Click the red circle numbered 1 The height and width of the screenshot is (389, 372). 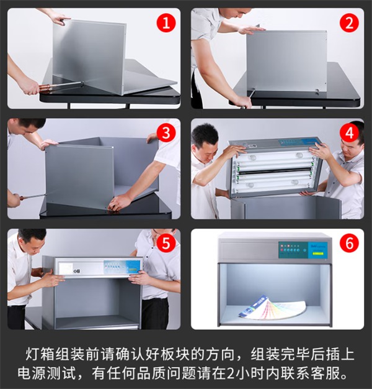(x=166, y=23)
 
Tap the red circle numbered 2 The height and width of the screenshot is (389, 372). (x=349, y=23)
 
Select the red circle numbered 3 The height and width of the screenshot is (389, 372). (x=166, y=133)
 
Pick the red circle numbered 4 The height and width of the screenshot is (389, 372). (x=349, y=133)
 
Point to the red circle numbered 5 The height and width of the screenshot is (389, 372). (x=166, y=244)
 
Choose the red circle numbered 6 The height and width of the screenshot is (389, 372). (x=349, y=244)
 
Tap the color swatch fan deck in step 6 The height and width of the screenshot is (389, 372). (x=273, y=307)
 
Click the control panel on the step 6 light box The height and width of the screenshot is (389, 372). (x=303, y=250)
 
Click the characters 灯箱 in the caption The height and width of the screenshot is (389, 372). (x=40, y=354)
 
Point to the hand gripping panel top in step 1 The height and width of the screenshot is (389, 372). (x=59, y=19)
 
